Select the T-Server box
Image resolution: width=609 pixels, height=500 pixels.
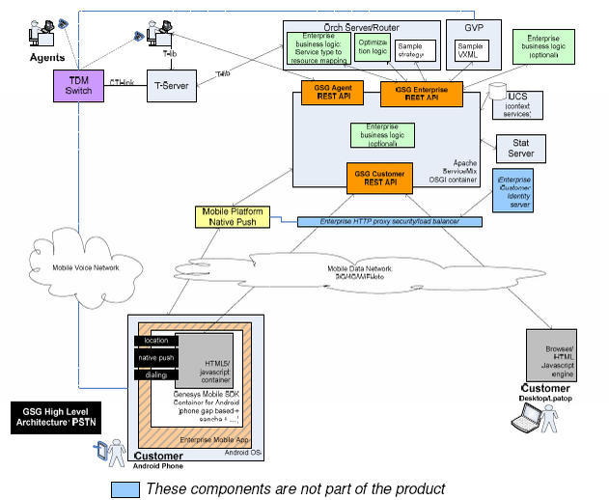pos(171,87)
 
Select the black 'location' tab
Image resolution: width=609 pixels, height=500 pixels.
pos(154,342)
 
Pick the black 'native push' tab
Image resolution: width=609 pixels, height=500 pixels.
pos(154,358)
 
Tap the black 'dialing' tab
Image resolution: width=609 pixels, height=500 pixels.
pos(154,374)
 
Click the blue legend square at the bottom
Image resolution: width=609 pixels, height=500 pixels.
pos(124,488)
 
